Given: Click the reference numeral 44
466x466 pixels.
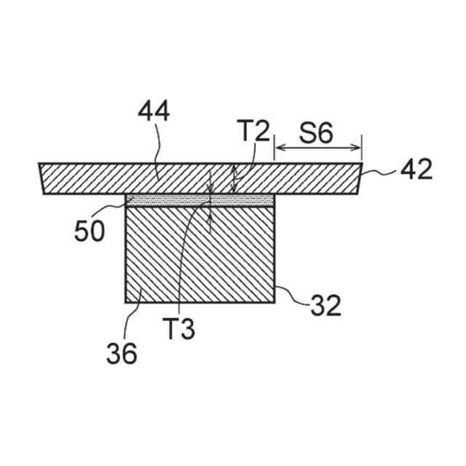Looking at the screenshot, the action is pyautogui.click(x=154, y=114).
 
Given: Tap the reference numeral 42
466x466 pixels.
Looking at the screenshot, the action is pyautogui.click(x=416, y=170).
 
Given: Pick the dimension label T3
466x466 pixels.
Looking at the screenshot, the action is pyautogui.click(x=178, y=330).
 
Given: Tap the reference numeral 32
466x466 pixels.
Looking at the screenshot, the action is pyautogui.click(x=325, y=306).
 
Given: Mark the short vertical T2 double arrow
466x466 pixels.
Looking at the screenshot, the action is pyautogui.click(x=234, y=178).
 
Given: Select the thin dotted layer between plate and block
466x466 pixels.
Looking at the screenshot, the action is pyautogui.click(x=200, y=200).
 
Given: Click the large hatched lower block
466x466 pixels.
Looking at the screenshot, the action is pyautogui.click(x=200, y=255).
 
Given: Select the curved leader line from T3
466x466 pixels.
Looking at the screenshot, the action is pyautogui.click(x=182, y=255).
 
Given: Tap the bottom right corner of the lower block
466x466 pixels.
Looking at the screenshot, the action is pyautogui.click(x=275, y=302).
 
